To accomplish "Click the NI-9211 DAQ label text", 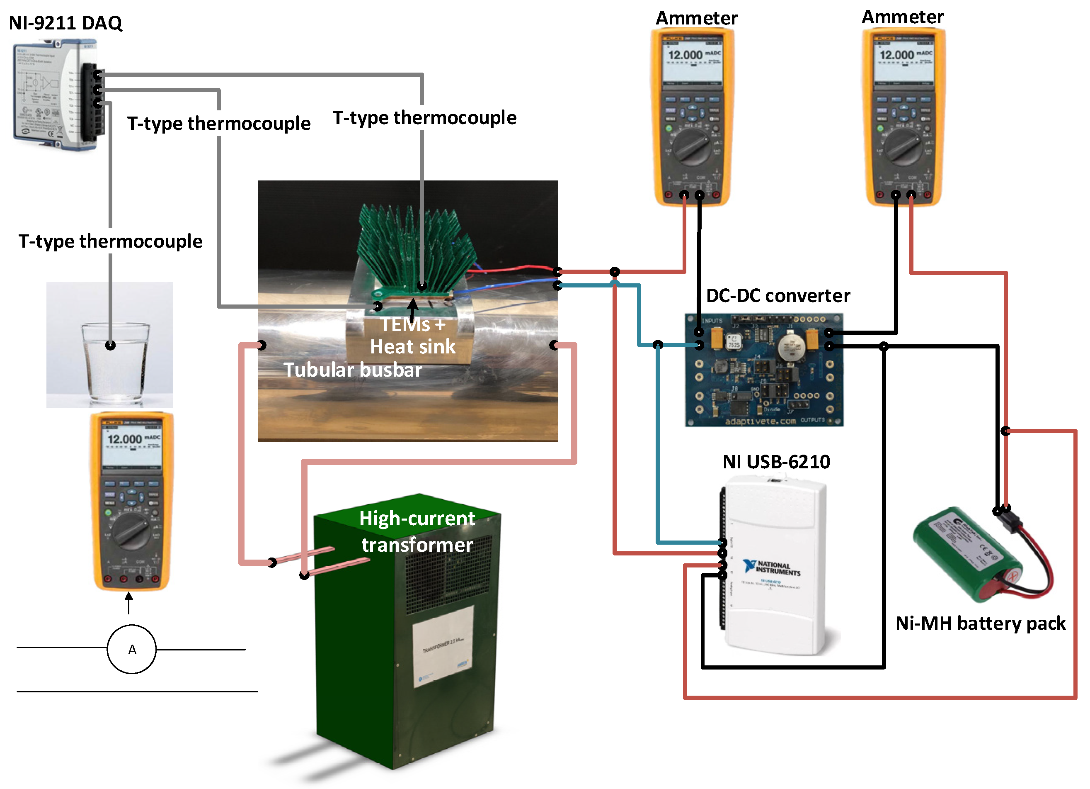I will coord(66,23).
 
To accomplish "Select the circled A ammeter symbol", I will coord(132,650).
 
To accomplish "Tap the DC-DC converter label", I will coord(777,295).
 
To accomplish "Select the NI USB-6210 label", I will coord(776,462).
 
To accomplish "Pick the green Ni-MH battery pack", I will coord(966,553).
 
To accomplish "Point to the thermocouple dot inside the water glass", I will coord(111,345).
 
